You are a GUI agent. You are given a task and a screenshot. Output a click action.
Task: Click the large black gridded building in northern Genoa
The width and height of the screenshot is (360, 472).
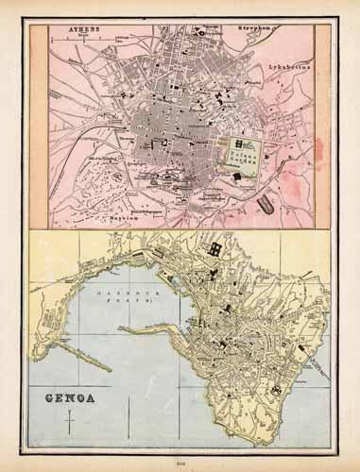click(216, 249)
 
